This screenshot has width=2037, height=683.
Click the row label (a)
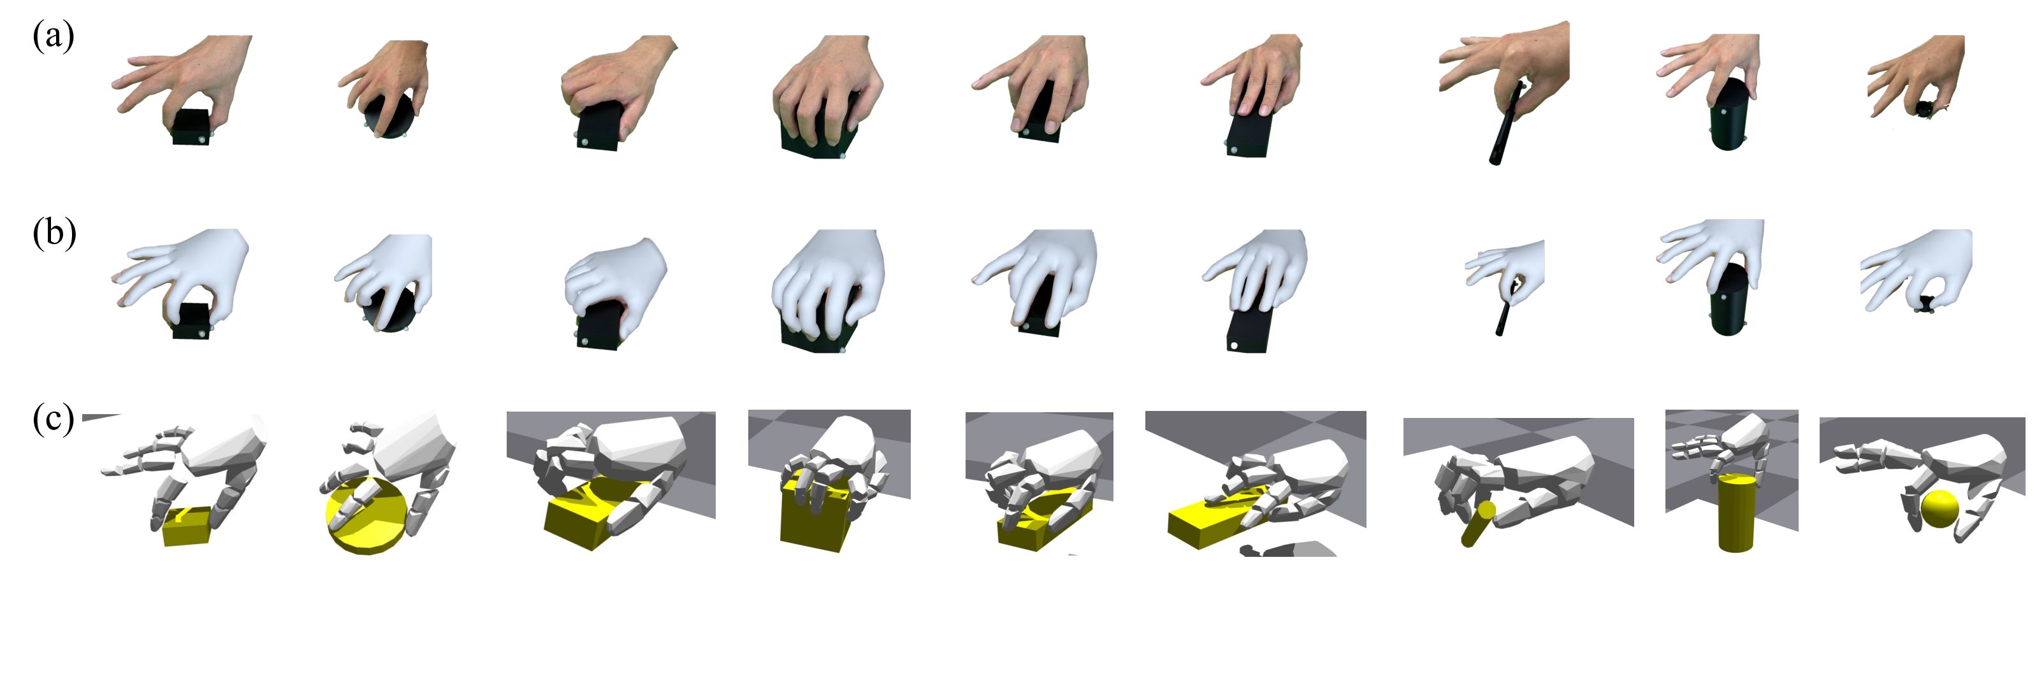click(53, 37)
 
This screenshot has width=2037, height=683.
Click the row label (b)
click(54, 234)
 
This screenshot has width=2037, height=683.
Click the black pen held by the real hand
click(1507, 122)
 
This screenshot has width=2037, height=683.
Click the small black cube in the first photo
click(191, 127)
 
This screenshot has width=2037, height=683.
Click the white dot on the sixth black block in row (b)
click(1232, 345)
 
